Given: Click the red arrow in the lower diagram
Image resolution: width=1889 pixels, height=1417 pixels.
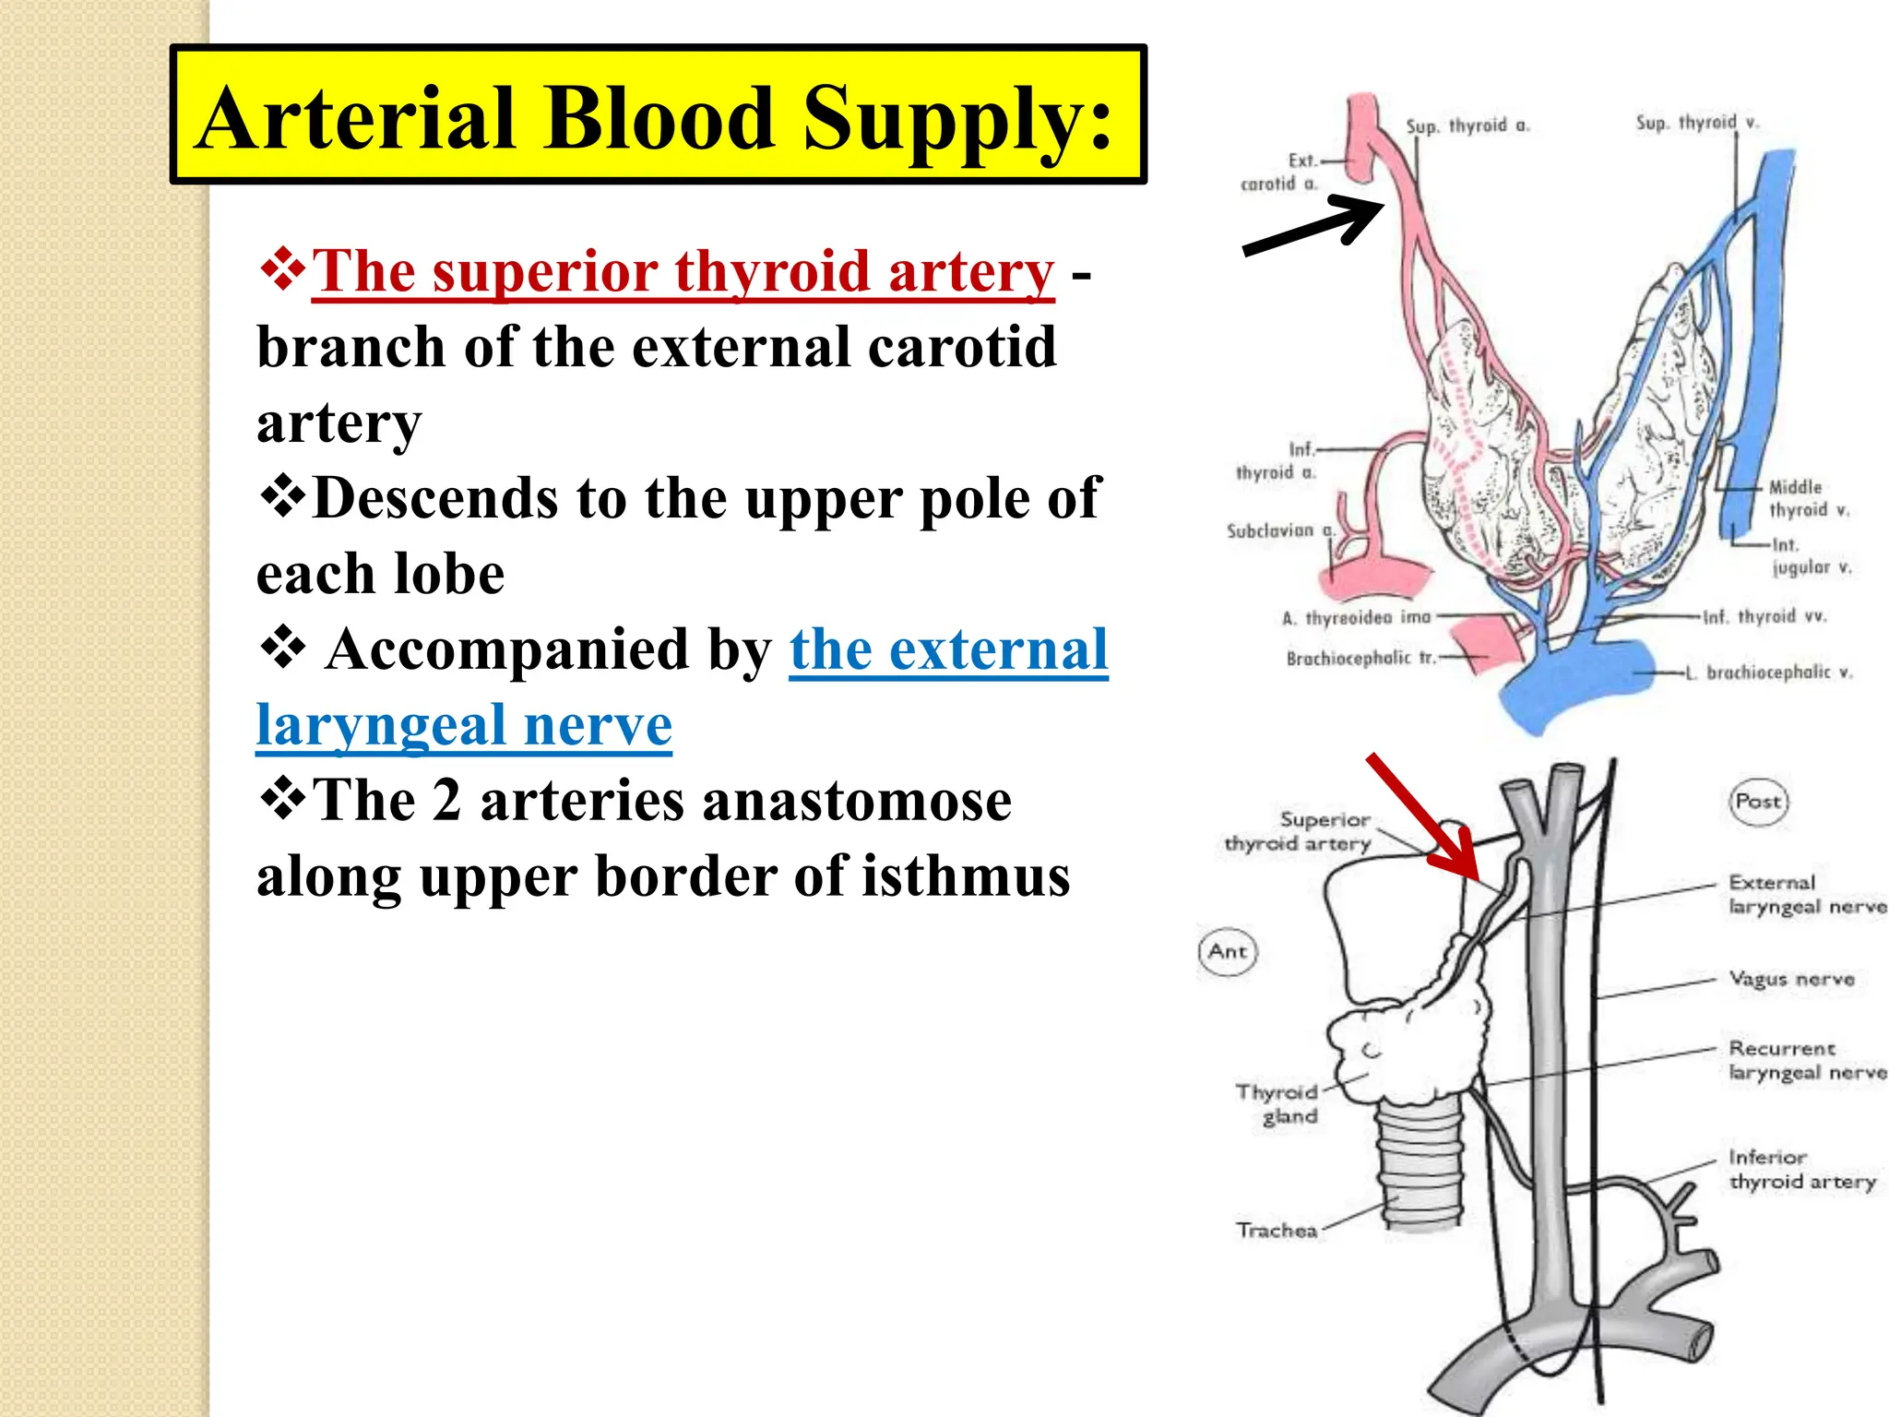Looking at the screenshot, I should [1424, 816].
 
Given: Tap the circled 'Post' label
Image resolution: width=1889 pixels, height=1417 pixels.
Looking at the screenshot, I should [1758, 801].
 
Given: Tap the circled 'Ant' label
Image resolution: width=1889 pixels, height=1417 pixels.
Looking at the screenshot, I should [1228, 951].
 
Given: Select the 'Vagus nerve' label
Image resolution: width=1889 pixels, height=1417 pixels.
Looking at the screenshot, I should [1791, 979].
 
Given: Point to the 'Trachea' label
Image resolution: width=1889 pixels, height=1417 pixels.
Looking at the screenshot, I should [1277, 1230].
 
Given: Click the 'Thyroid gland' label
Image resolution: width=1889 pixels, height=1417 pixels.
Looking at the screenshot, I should [1279, 1104].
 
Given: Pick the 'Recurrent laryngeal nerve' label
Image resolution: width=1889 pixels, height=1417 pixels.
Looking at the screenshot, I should [1806, 1061].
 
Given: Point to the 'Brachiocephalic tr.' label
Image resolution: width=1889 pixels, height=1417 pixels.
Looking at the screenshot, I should [1360, 658].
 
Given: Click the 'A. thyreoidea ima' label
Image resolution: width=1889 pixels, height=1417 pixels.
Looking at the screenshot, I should [1356, 617].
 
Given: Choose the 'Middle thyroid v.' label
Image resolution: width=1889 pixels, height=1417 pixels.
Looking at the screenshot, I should [1808, 498].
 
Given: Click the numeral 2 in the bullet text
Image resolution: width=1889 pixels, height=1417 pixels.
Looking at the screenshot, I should [446, 799].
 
